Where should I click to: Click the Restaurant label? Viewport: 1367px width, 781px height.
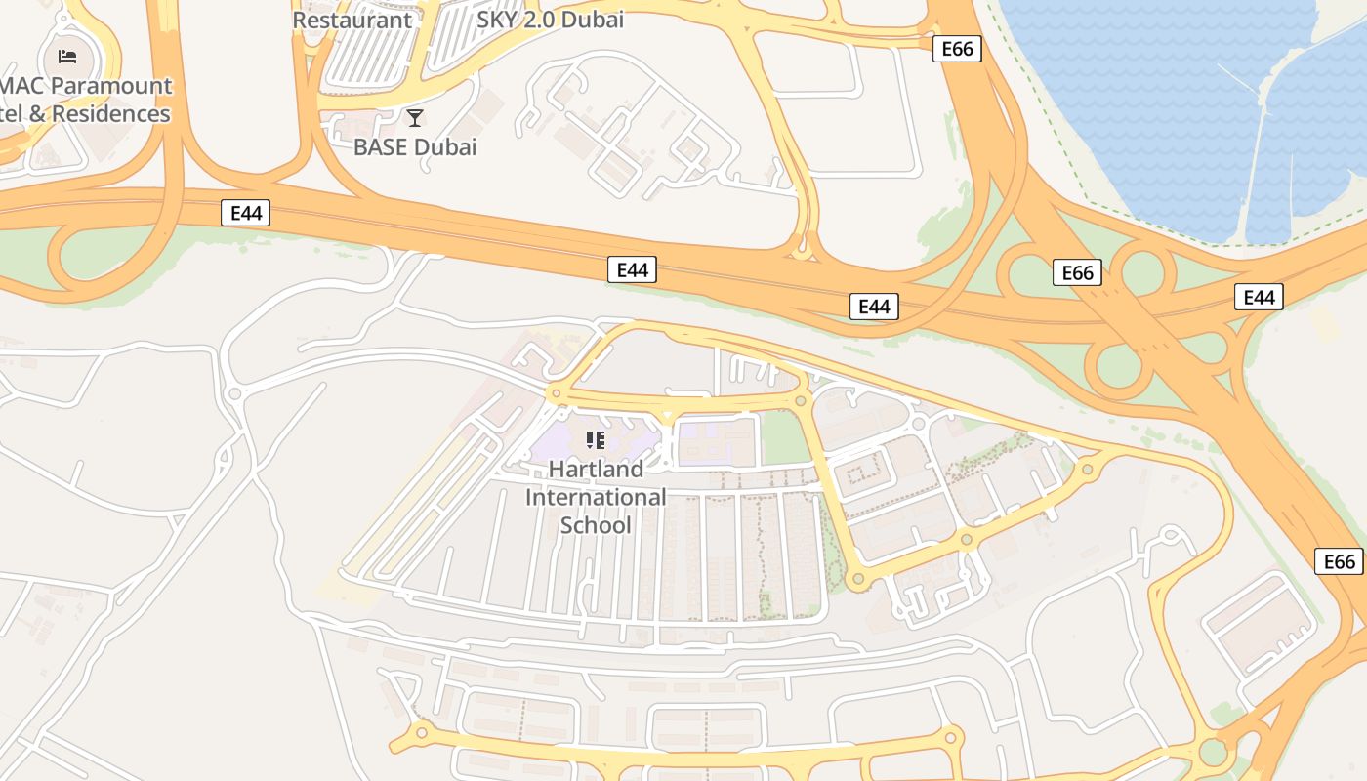pyautogui.click(x=352, y=20)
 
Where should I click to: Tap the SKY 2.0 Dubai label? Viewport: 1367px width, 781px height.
pyautogui.click(x=550, y=20)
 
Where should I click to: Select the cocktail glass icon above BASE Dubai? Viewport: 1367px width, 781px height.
pyautogui.click(x=415, y=118)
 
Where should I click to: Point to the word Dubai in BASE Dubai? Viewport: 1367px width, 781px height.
pyautogui.click(x=447, y=147)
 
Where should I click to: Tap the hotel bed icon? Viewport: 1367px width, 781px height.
pyautogui.click(x=67, y=56)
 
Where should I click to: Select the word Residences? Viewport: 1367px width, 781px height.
pyautogui.click(x=111, y=114)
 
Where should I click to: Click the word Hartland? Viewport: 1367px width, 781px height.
pyautogui.click(x=596, y=470)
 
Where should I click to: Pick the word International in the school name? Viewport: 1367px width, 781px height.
pyautogui.click(x=596, y=498)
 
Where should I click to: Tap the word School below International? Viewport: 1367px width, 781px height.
pyautogui.click(x=596, y=526)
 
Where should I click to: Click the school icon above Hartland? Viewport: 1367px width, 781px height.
pyautogui.click(x=596, y=440)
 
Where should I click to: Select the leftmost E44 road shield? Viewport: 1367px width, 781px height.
pyautogui.click(x=245, y=213)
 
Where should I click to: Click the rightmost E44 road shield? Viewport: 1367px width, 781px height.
pyautogui.click(x=1259, y=298)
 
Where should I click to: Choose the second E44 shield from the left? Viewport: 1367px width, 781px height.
pyautogui.click(x=632, y=270)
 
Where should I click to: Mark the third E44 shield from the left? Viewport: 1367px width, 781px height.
pyautogui.click(x=873, y=307)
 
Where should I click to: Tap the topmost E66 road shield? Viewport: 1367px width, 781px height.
pyautogui.click(x=957, y=49)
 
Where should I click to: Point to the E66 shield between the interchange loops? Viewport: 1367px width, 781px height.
pyautogui.click(x=1077, y=273)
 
